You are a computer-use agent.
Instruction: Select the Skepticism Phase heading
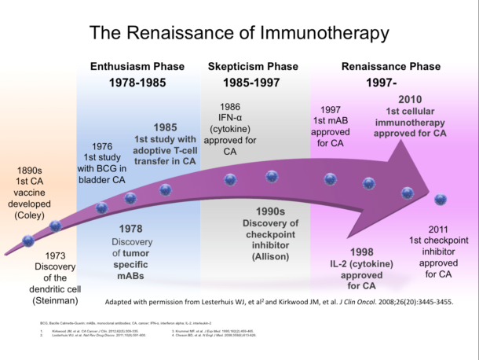252,67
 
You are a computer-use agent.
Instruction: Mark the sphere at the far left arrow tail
28,241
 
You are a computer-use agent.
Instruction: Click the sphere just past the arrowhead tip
441,200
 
